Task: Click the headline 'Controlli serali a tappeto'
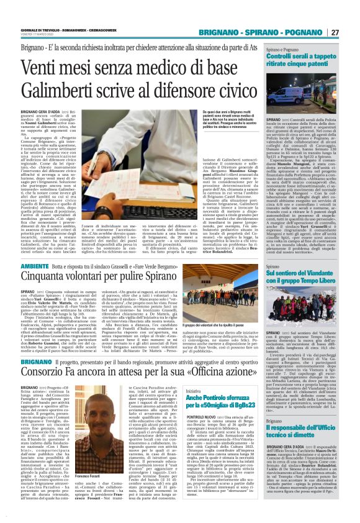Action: click(x=300, y=57)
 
